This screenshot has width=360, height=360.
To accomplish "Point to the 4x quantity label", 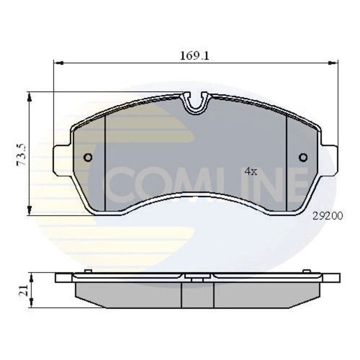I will (x=250, y=171).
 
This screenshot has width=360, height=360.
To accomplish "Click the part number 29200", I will (x=327, y=216).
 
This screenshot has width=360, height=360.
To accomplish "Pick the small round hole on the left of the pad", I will (x=87, y=158).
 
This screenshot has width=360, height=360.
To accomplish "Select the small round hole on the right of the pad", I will (x=303, y=158).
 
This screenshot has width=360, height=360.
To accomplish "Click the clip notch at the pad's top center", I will (x=196, y=102).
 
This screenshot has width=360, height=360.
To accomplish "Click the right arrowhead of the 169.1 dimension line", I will (x=333, y=63).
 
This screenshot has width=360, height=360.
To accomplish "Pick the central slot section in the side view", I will (x=197, y=294).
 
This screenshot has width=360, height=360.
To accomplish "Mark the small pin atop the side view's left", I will (x=87, y=271).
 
